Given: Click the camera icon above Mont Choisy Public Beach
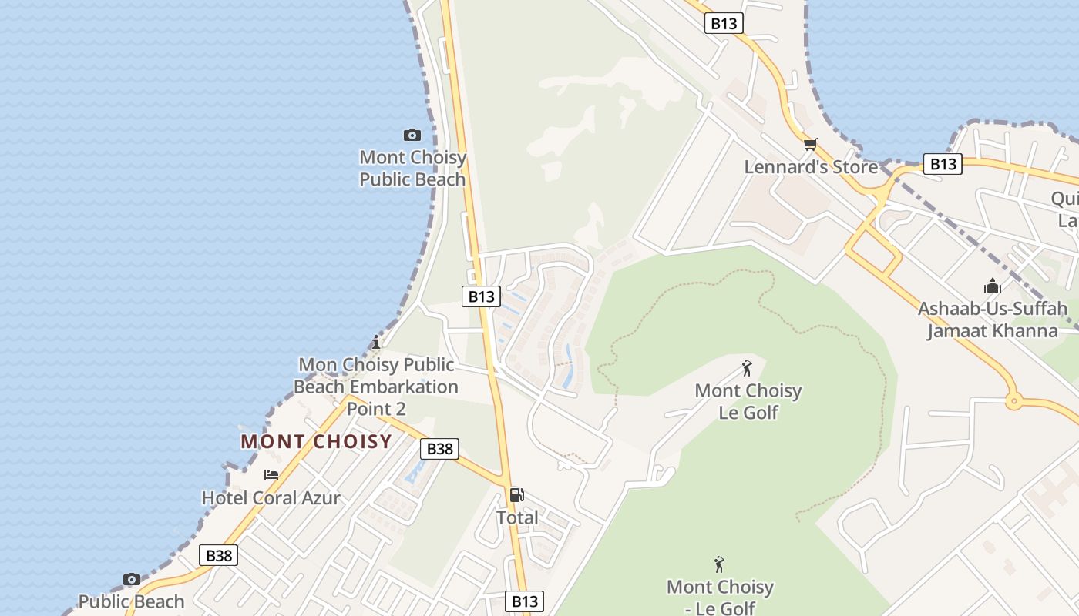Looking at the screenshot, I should pyautogui.click(x=412, y=136).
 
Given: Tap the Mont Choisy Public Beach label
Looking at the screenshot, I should pyautogui.click(x=413, y=169).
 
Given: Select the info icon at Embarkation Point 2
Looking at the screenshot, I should pyautogui.click(x=376, y=342).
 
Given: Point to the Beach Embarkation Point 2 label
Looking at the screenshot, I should pyautogui.click(x=377, y=387).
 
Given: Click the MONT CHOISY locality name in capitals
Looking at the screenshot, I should pyautogui.click(x=316, y=442).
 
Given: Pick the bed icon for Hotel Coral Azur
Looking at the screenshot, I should pyautogui.click(x=271, y=475).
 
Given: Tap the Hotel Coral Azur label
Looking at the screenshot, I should pyautogui.click(x=271, y=498).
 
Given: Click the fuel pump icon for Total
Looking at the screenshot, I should pyautogui.click(x=517, y=495).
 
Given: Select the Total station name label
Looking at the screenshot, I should pyautogui.click(x=517, y=518).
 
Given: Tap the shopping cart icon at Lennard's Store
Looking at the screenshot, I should pyautogui.click(x=810, y=144).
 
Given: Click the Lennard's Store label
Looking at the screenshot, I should pyautogui.click(x=811, y=167).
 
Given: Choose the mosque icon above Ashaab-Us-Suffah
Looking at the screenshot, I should pyautogui.click(x=993, y=286).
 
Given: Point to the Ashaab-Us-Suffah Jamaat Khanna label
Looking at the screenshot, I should pyautogui.click(x=993, y=320).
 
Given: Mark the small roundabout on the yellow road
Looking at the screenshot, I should pyautogui.click(x=1013, y=400).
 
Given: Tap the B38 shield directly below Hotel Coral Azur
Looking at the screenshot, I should pyautogui.click(x=219, y=555).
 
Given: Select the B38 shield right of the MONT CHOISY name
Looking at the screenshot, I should pyautogui.click(x=440, y=449).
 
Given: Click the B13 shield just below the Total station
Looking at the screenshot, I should pyautogui.click(x=525, y=601).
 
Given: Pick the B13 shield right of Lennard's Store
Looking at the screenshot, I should pyautogui.click(x=943, y=164).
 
